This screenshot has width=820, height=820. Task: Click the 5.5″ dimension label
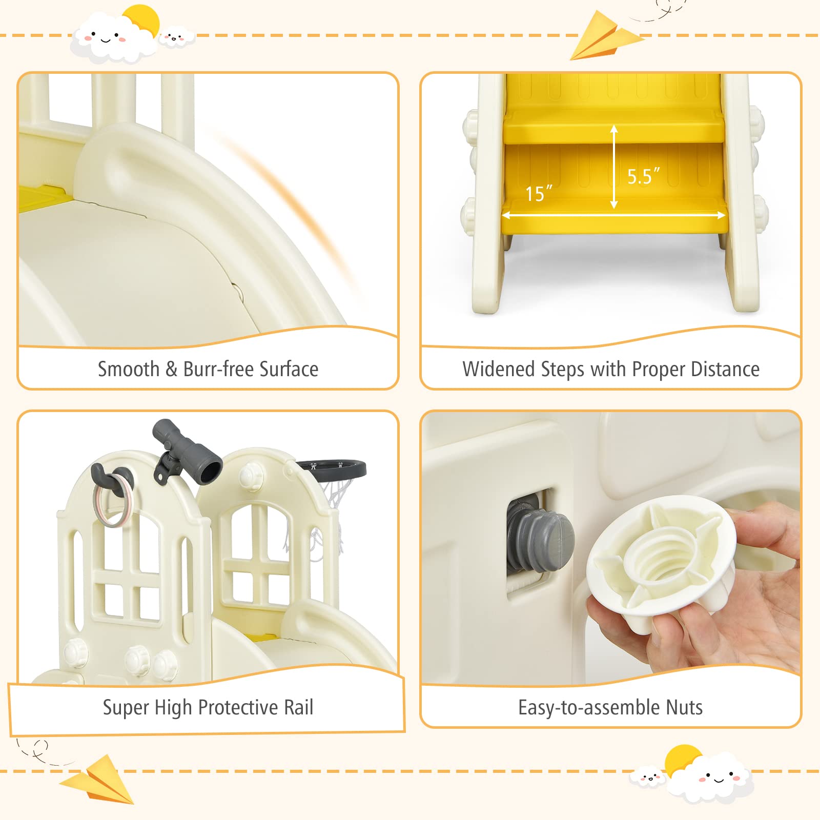coord(643,176)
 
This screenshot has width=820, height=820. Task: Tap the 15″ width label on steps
coord(538,193)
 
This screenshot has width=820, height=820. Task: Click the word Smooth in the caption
coord(129,369)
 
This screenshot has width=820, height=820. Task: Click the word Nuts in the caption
coord(684,707)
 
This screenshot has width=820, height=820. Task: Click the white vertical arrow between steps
coord(613,167)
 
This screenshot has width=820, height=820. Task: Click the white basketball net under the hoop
coord(333,500)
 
